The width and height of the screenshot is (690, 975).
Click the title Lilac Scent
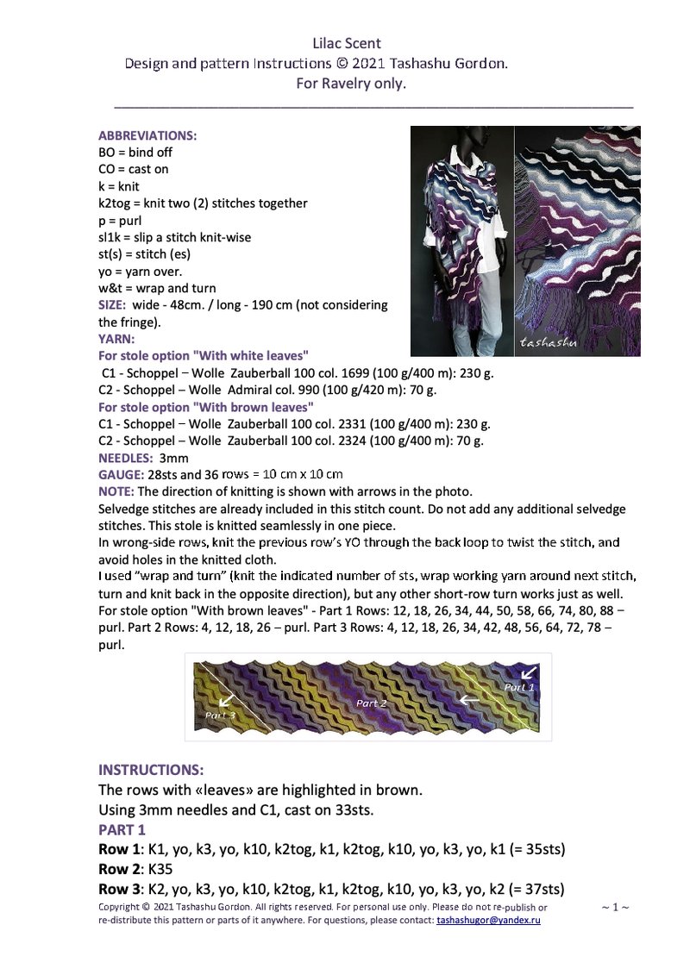[347, 43]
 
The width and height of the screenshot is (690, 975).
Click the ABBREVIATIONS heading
[147, 135]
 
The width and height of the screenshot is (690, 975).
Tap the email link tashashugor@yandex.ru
[489, 921]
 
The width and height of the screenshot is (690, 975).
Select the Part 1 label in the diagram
[519, 687]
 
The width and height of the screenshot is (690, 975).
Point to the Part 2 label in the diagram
[372, 703]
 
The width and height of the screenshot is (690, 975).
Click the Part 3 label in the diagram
[219, 716]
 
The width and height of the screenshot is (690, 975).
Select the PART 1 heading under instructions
[122, 829]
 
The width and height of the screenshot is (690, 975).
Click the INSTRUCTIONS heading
[151, 769]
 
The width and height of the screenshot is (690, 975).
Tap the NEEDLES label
[126, 458]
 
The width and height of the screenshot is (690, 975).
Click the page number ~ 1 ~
[614, 907]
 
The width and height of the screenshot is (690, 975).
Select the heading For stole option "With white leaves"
[204, 355]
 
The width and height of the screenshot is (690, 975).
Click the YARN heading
[116, 339]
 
